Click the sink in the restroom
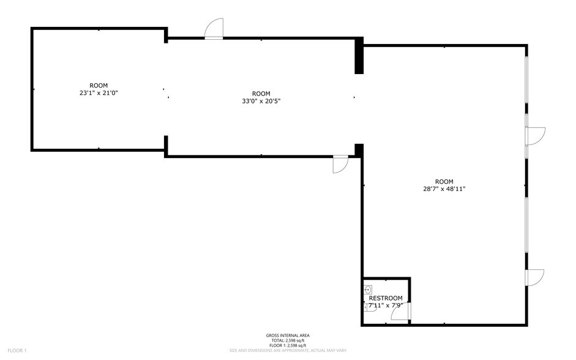tap(368, 290)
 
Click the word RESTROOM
tap(386, 298)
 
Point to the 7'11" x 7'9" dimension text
tap(386, 305)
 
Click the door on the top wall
tap(214, 29)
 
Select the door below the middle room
tap(340, 164)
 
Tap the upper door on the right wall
tap(534, 136)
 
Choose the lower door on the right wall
tap(534, 277)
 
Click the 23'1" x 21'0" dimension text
tap(99, 93)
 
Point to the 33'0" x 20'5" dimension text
tap(261, 101)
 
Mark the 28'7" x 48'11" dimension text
tap(444, 189)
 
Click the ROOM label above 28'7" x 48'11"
tap(444, 181)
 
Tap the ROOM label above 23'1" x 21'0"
tap(99, 85)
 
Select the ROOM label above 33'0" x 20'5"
tap(261, 94)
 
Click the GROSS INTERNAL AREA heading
tap(287, 335)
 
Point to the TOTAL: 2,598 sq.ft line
tap(287, 340)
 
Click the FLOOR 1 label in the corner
tap(17, 351)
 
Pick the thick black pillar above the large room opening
tap(359, 56)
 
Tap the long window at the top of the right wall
tap(526, 86)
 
